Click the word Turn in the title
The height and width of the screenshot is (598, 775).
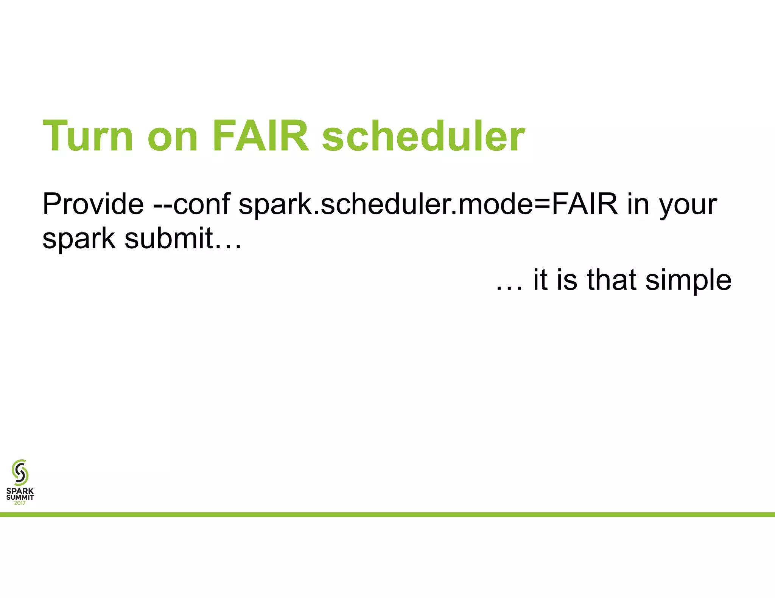pos(88,136)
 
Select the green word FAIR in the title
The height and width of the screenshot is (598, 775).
pos(260,136)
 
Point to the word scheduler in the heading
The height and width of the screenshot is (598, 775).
pos(423,136)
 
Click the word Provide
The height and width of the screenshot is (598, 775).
pos(93,204)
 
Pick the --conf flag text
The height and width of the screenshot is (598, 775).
pos(191,204)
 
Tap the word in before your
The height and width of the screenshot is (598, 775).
pos(638,204)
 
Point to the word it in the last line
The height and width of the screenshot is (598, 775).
pos(540,280)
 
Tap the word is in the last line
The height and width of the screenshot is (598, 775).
pos(566,280)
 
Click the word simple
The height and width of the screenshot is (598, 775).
pos(688,282)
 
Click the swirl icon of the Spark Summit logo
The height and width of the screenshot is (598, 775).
pos(20,472)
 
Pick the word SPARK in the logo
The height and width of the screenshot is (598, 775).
pos(20,491)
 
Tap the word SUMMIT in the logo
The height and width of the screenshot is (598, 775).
pos(20,497)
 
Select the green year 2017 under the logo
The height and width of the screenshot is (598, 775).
pos(20,503)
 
